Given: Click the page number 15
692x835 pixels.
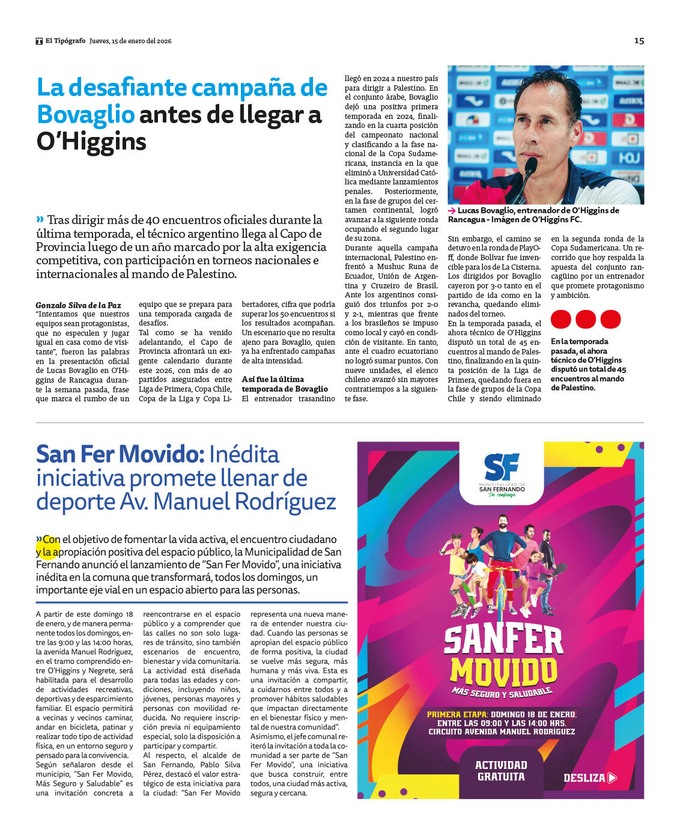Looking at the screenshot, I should point(639,41).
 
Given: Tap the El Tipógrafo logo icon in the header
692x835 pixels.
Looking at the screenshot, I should point(39,41).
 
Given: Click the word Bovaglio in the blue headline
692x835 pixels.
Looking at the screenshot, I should point(85,114).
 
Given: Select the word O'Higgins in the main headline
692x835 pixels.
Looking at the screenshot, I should point(91,142).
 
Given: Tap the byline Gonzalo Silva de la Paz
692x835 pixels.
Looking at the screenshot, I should point(78,305).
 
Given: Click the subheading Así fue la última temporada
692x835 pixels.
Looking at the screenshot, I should point(285,384).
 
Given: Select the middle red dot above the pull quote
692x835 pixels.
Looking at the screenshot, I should point(586,319).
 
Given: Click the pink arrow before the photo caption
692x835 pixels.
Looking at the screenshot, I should point(452,211).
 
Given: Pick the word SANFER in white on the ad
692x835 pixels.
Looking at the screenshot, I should point(503,640).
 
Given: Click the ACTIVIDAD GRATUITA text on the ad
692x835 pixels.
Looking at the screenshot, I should point(501,771).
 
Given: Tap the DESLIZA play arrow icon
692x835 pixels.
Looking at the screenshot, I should point(612,778).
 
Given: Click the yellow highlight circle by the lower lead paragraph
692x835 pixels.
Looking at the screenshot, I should point(47,546).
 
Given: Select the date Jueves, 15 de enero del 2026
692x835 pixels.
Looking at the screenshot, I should point(130,41).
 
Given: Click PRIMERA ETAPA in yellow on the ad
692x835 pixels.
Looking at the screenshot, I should point(457,714).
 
